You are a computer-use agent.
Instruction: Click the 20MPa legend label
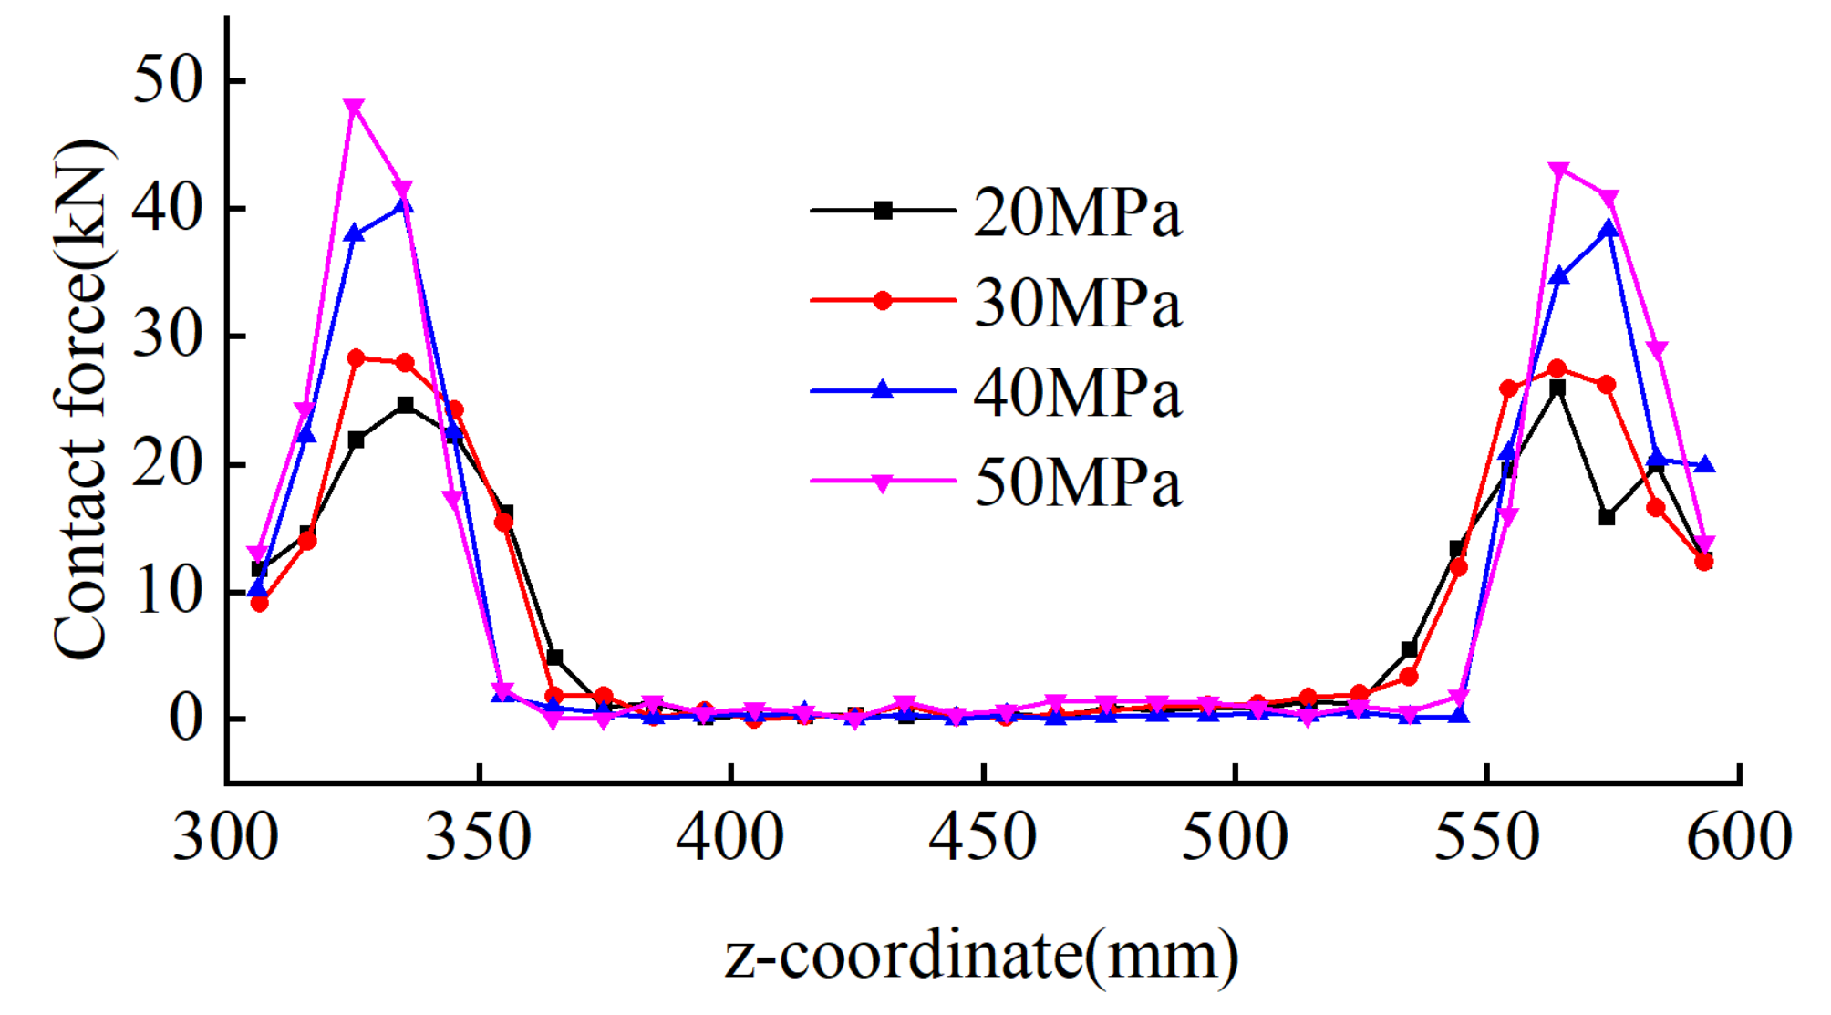coord(1077,213)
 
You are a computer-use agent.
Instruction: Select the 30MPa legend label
coord(1077,303)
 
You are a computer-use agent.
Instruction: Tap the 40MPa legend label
coord(1077,393)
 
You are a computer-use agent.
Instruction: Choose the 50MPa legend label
coord(1077,482)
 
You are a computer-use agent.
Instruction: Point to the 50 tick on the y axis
coord(168,80)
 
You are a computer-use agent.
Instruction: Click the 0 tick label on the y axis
coord(186,720)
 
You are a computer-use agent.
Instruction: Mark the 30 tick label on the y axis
coord(168,337)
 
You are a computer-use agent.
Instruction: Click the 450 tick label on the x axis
coord(982,837)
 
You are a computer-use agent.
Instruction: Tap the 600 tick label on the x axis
coord(1739,837)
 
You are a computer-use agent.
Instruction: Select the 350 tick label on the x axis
coord(478,837)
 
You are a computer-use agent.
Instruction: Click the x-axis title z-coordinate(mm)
coord(982,956)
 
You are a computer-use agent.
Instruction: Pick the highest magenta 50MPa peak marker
coord(355,108)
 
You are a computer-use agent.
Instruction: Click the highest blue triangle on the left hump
coord(405,205)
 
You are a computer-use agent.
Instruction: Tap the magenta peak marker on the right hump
coord(1558,170)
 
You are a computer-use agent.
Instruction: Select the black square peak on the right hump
coord(1557,388)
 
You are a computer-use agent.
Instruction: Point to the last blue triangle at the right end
coord(1704,465)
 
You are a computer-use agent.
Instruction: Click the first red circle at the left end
coord(259,603)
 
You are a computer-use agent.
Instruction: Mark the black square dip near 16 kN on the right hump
coord(1607,517)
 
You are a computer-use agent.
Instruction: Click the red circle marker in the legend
coord(882,301)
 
